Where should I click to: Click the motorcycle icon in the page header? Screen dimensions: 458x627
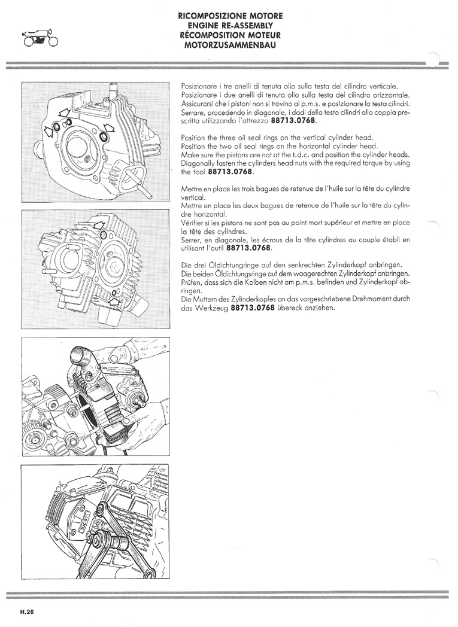tap(41, 38)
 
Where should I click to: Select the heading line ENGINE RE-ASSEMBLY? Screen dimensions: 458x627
tap(230, 26)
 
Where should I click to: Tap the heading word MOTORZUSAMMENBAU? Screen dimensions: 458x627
tap(230, 45)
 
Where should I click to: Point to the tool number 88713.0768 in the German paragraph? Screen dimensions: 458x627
tap(253, 308)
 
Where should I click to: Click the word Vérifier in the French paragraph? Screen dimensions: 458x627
tap(193, 223)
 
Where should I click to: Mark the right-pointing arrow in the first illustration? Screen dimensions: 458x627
tap(48, 130)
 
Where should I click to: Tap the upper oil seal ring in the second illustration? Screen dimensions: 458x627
tap(104, 234)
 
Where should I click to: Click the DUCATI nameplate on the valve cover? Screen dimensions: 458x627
tap(90, 524)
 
